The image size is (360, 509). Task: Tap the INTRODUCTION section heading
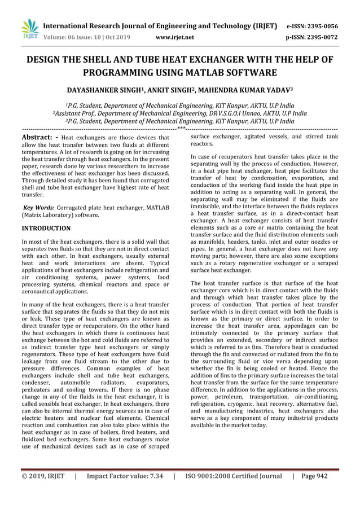coord(46,229)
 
